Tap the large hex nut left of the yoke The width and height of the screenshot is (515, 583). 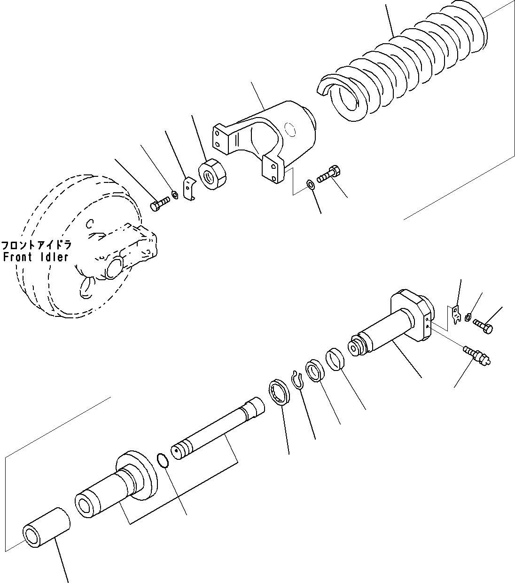(x=213, y=175)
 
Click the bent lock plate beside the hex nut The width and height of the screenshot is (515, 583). (x=189, y=188)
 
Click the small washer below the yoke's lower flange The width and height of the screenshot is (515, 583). (x=311, y=183)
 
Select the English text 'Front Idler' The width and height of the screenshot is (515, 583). (x=36, y=257)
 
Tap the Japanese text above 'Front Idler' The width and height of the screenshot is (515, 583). (x=36, y=245)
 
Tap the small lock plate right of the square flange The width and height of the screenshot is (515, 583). (x=454, y=314)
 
